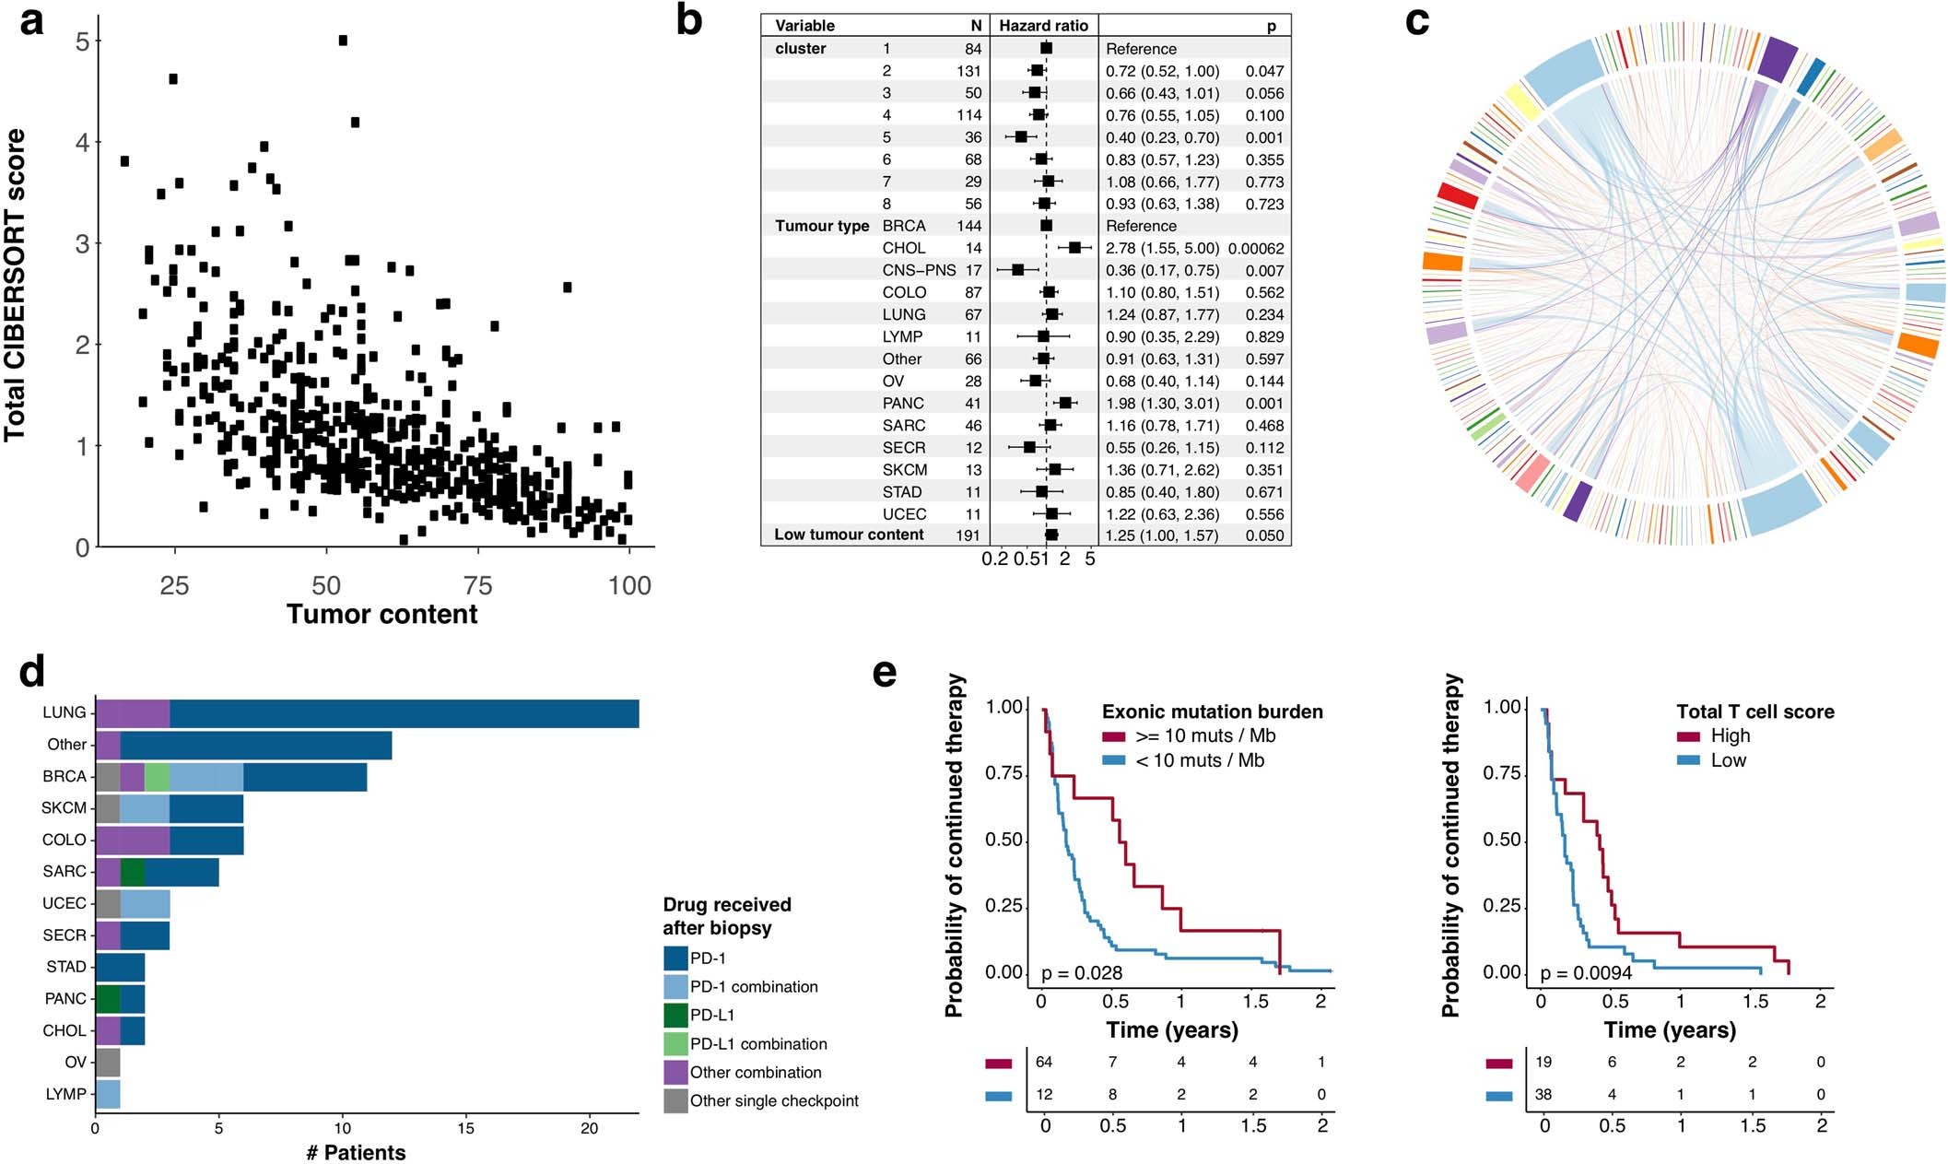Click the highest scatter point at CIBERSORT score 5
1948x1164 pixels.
343,41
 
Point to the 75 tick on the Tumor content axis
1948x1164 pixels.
477,585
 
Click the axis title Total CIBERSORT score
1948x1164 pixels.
16,285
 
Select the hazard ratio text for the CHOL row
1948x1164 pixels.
1162,248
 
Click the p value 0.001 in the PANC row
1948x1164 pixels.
1264,403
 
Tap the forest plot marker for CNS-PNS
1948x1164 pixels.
1017,270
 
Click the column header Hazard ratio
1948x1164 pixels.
1043,26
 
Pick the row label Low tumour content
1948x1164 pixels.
849,535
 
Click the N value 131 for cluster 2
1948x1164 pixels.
968,71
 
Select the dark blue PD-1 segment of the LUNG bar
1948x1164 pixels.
404,713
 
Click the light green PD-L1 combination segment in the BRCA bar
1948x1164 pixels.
157,777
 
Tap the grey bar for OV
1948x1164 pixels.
108,1062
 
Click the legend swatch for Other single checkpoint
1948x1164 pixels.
675,1100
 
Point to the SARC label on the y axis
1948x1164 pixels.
64,871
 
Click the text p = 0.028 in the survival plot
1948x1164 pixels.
1081,973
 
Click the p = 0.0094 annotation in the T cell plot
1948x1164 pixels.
1586,973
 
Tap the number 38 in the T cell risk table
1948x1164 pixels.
1543,1095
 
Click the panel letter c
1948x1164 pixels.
1417,20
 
